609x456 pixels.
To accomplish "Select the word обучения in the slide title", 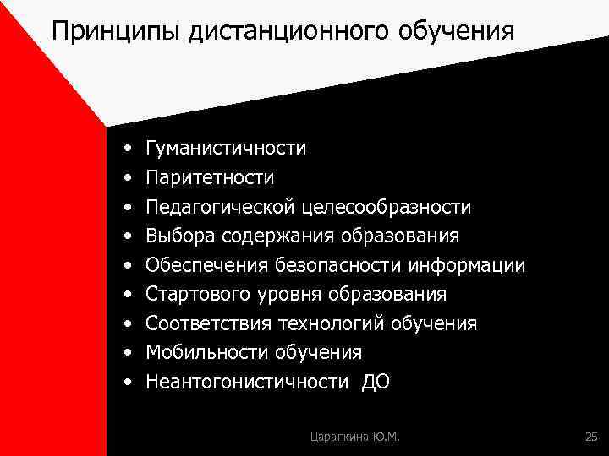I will (458, 32).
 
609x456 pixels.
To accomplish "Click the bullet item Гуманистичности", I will (226, 149).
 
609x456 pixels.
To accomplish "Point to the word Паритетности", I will (210, 178).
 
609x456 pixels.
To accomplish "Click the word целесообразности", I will (387, 207).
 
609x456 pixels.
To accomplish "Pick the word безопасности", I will (337, 266).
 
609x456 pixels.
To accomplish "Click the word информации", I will (466, 266).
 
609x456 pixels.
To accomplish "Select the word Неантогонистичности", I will (246, 382).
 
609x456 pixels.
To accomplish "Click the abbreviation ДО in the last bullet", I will (376, 382).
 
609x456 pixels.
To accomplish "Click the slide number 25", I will (590, 436).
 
